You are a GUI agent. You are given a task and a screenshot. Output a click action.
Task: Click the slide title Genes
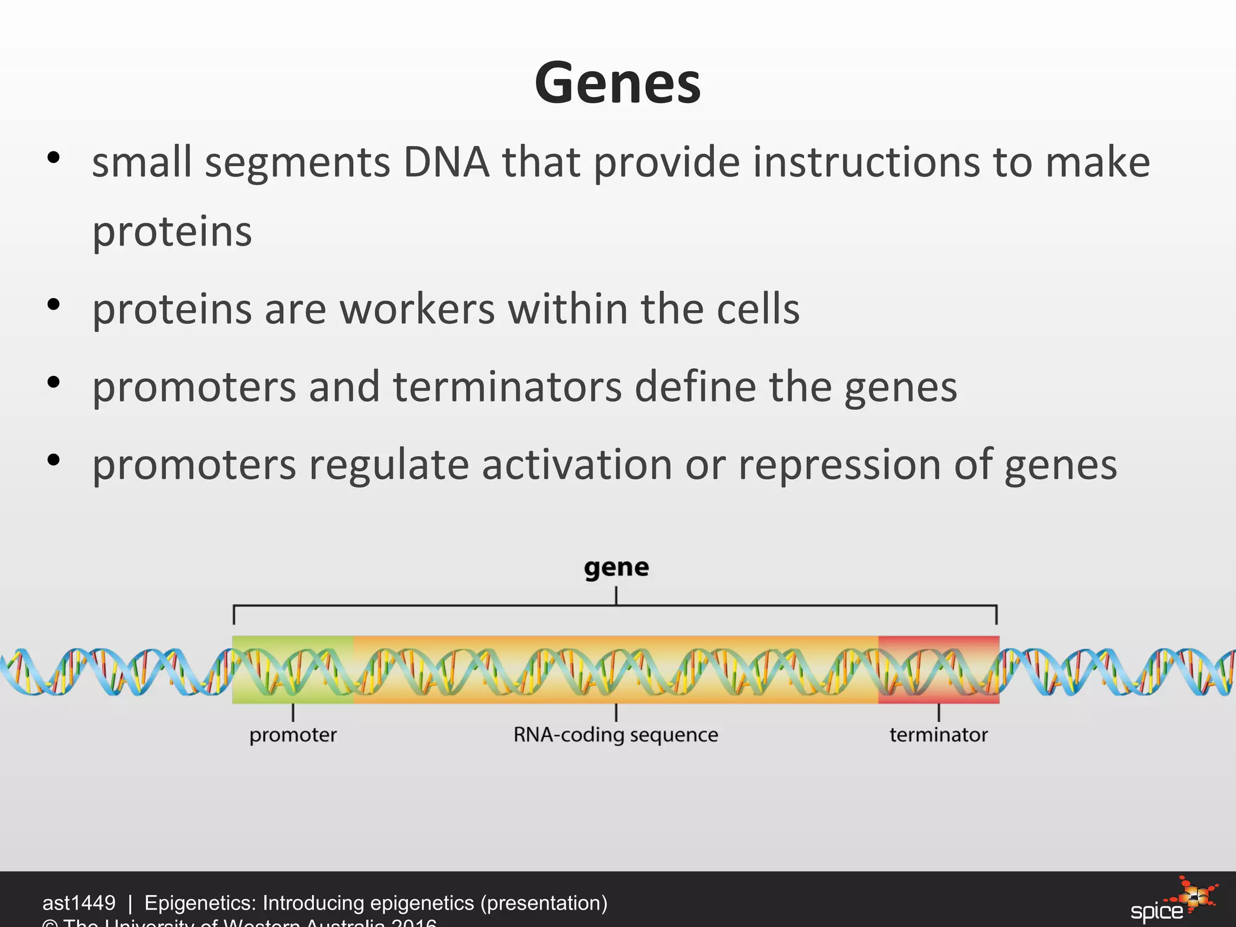pyautogui.click(x=617, y=83)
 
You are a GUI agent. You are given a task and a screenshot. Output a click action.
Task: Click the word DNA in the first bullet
pyautogui.click(x=446, y=163)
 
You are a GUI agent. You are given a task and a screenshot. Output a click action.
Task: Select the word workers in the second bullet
pyautogui.click(x=417, y=310)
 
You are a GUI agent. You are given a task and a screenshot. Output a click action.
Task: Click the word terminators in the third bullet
pyautogui.click(x=508, y=387)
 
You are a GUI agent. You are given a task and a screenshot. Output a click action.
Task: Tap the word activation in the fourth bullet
pyautogui.click(x=576, y=465)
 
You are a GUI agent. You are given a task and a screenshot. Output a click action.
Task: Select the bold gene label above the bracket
pyautogui.click(x=616, y=567)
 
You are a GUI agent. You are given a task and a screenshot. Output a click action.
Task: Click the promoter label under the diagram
pyautogui.click(x=293, y=735)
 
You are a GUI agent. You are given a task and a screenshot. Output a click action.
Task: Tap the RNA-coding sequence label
pyautogui.click(x=616, y=735)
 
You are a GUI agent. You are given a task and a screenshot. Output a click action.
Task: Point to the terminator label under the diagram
pyautogui.click(x=938, y=735)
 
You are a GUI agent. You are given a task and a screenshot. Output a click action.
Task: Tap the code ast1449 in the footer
pyautogui.click(x=78, y=903)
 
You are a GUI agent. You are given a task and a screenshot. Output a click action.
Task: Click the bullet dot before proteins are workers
pyautogui.click(x=54, y=305)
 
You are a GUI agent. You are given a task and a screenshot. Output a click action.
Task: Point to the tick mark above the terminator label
pyautogui.click(x=938, y=713)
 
